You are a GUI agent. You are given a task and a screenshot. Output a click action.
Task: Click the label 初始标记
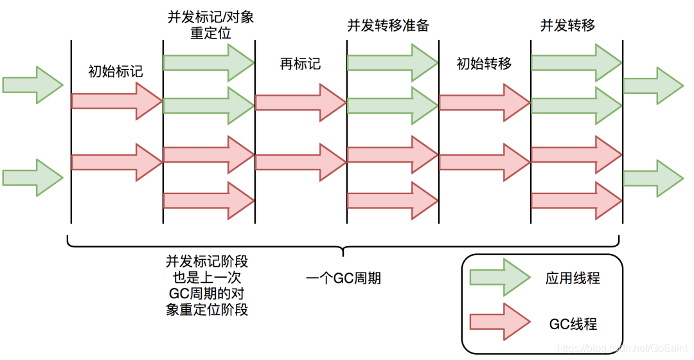pyautogui.click(x=116, y=71)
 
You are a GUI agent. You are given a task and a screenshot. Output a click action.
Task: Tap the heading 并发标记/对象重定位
pyautogui.click(x=209, y=25)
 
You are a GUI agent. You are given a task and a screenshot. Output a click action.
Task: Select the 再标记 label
pyautogui.click(x=300, y=64)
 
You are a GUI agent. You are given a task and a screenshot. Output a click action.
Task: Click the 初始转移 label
pyautogui.click(x=484, y=64)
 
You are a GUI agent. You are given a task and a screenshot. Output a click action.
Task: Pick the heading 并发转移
pyautogui.click(x=567, y=25)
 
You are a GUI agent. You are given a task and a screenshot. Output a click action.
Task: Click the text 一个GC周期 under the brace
pyautogui.click(x=343, y=278)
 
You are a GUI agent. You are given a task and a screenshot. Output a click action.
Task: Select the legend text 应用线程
pyautogui.click(x=573, y=278)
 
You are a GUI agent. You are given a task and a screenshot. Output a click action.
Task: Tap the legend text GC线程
pyautogui.click(x=573, y=323)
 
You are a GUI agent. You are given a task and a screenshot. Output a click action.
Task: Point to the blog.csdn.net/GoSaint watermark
pyautogui.click(x=622, y=347)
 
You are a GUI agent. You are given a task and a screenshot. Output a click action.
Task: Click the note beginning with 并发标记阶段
pyautogui.click(x=207, y=285)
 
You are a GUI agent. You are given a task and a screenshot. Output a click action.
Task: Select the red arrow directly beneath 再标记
pyautogui.click(x=300, y=102)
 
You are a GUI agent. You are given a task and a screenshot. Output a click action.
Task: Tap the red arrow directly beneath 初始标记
pyautogui.click(x=116, y=102)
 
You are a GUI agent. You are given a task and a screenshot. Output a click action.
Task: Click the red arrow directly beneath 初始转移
pyautogui.click(x=484, y=102)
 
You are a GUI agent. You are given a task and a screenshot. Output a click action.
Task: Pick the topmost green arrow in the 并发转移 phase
pyautogui.click(x=576, y=62)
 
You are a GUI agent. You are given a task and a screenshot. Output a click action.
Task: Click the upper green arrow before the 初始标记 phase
pyautogui.click(x=32, y=84)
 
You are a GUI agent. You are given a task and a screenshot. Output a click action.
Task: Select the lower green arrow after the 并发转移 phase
pyautogui.click(x=653, y=177)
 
